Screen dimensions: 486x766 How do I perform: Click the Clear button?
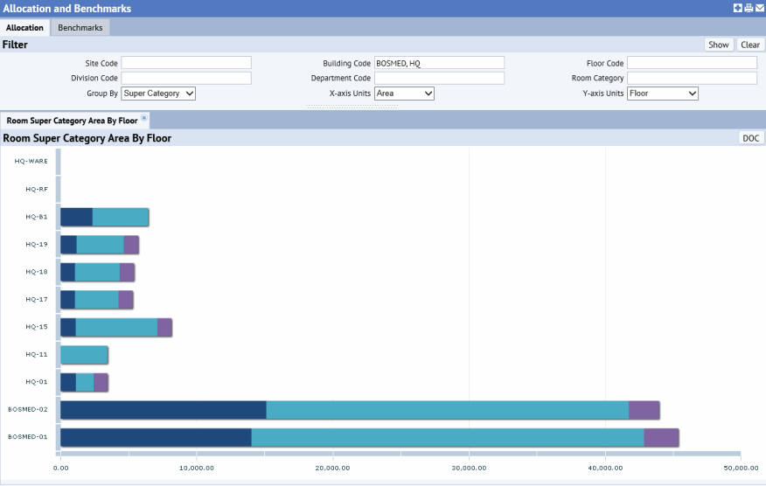tap(750, 45)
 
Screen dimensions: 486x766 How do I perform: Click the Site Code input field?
tap(186, 63)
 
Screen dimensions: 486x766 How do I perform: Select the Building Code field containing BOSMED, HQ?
tap(439, 63)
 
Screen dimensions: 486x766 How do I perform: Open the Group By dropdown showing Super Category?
tap(158, 94)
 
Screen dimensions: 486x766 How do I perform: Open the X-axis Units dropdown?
tap(404, 94)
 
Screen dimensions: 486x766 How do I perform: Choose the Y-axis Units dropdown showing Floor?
tap(662, 94)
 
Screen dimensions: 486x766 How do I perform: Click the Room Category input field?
tap(692, 79)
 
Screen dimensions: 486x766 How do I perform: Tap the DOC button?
tap(750, 138)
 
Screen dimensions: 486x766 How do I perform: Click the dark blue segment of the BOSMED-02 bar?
tap(163, 410)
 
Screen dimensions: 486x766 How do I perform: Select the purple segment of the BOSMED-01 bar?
tap(661, 438)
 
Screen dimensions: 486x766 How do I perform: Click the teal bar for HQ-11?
tap(84, 355)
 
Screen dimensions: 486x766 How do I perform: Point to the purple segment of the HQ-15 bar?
tap(164, 327)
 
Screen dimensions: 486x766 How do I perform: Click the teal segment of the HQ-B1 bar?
tap(121, 217)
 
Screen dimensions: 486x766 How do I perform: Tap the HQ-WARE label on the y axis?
tap(31, 161)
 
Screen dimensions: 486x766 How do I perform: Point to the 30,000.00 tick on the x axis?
tap(469, 468)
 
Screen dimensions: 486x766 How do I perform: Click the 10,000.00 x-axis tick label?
tap(197, 468)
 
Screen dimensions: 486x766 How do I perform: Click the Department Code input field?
tap(439, 79)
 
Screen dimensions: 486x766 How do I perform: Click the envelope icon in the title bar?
tap(759, 8)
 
